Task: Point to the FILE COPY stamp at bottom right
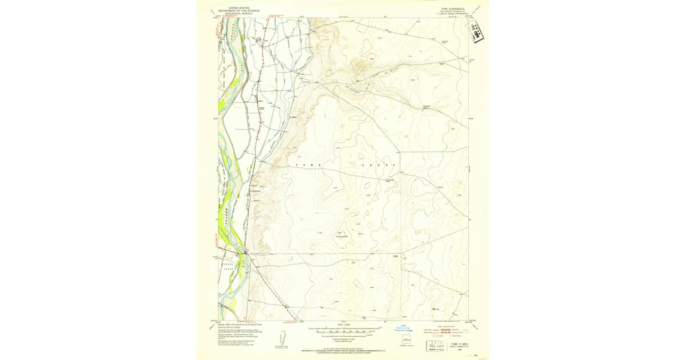pyautogui.click(x=437, y=346)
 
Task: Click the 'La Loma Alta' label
pyautogui.click(x=342, y=236)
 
